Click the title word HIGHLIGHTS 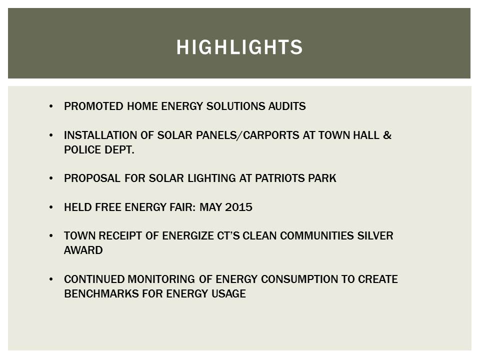click(x=239, y=47)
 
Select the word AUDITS click(x=287, y=106)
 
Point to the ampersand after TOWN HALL click(x=387, y=135)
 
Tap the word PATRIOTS click(x=280, y=178)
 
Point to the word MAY click(x=210, y=207)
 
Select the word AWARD click(x=83, y=250)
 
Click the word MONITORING click(x=161, y=279)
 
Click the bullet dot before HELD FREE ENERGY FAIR click(x=51, y=207)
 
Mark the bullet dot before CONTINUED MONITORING click(x=51, y=279)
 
